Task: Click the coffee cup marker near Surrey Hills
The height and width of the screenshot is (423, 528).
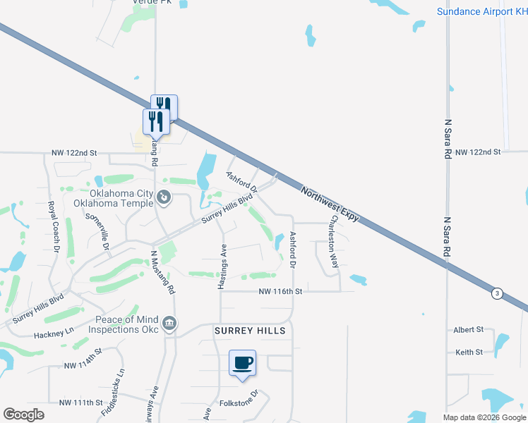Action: pos(242,364)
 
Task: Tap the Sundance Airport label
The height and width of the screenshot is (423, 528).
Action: pos(481,11)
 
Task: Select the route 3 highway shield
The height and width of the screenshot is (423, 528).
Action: pos(498,294)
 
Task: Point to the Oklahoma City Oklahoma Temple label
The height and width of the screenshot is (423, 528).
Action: pos(114,198)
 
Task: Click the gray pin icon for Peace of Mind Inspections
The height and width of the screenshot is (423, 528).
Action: pos(169,324)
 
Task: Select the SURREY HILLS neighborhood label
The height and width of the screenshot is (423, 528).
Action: pos(250,331)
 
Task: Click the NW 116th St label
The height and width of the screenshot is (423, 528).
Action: pos(280,291)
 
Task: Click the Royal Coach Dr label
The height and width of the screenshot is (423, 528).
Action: pos(53,227)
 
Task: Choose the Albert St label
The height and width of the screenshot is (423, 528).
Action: pos(469,329)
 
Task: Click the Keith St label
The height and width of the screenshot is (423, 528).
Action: pos(469,352)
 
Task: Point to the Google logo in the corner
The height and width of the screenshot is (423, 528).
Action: pos(24,415)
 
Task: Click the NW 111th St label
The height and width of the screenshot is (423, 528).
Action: pos(82,403)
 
